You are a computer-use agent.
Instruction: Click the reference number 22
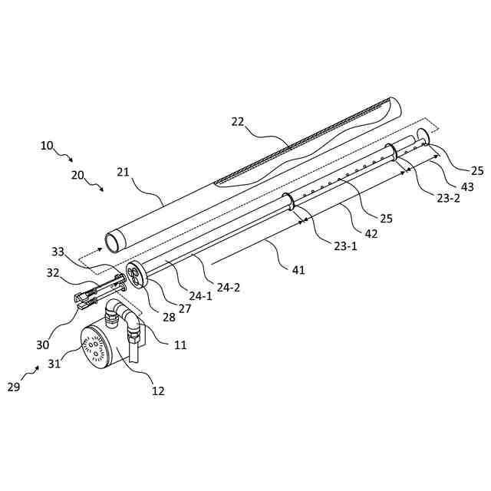pyautogui.click(x=239, y=122)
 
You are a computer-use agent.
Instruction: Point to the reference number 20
pyautogui.click(x=78, y=174)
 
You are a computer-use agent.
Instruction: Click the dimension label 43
pyautogui.click(x=466, y=186)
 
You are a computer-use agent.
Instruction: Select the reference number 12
pyautogui.click(x=158, y=391)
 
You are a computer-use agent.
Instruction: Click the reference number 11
pyautogui.click(x=180, y=345)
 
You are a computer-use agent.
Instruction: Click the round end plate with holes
pyautogui.click(x=137, y=275)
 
